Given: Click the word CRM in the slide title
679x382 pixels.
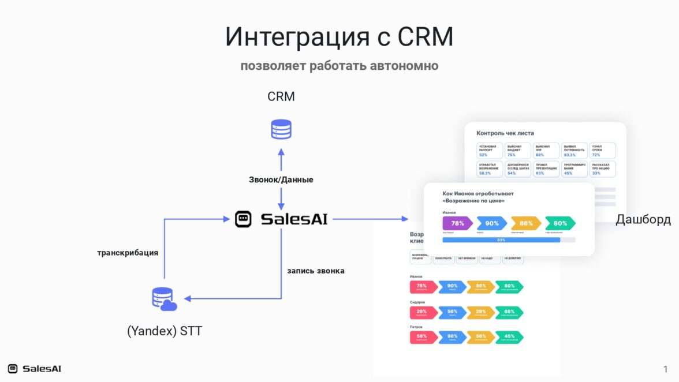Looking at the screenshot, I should (425, 37).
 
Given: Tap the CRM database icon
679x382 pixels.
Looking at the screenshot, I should (281, 129).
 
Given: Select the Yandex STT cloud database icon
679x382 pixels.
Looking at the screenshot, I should (164, 299).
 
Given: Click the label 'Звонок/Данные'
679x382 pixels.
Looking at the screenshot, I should (281, 179).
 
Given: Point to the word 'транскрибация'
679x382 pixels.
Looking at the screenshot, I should (128, 252).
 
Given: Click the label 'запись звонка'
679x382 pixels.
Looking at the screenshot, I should (316, 270).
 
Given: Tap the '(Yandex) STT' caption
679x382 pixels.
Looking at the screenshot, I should (165, 331).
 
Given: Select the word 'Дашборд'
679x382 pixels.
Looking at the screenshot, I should (643, 219).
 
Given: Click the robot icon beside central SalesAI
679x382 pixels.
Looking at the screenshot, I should (244, 219).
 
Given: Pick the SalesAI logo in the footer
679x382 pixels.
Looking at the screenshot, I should (35, 369).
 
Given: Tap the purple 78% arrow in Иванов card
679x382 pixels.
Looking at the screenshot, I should (457, 223).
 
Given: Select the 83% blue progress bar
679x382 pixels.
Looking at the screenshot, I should (501, 239).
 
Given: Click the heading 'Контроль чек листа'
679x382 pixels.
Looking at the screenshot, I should (505, 133).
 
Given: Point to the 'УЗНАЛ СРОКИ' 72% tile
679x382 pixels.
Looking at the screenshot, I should (603, 151).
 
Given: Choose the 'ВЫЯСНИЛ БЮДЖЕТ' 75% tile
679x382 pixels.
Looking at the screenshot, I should (518, 151).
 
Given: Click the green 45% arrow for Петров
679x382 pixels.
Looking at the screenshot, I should (509, 337).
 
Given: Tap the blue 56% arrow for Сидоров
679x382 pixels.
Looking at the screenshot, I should (452, 312).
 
